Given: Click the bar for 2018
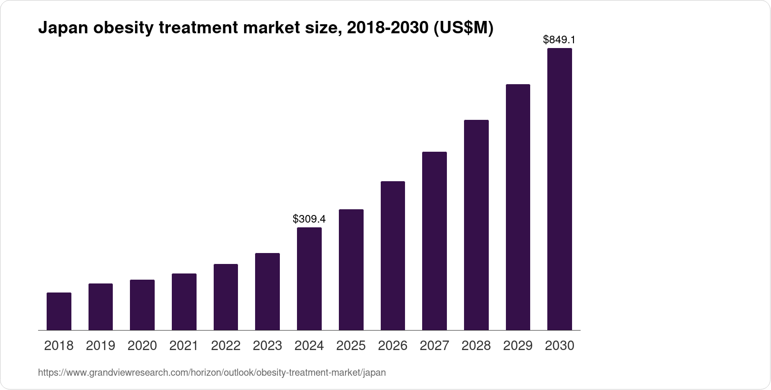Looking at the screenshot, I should tap(59, 311).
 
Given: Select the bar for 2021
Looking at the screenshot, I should tap(184, 302).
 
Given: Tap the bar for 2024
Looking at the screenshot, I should tap(309, 279).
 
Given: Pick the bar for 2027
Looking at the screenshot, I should tap(435, 241).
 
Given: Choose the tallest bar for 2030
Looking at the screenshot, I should tap(560, 189).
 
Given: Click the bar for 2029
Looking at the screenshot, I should tap(518, 207).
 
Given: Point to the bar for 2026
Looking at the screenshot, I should tap(393, 255).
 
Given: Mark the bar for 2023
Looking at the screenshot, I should tap(267, 292).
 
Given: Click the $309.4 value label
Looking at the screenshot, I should tap(309, 219).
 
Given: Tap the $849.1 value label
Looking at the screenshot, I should tap(560, 40).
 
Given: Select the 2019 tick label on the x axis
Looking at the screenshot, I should tap(100, 346).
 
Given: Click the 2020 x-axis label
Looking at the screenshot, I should tap(142, 346).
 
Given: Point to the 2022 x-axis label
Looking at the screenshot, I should tap(226, 346).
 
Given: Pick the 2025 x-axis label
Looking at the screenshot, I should tap(351, 346).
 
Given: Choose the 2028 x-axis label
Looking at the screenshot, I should tap(476, 346).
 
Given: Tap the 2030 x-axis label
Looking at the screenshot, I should tap(560, 346).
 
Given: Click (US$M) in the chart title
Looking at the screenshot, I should tap(463, 29).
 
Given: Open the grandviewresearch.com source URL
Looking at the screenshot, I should tap(212, 373).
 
